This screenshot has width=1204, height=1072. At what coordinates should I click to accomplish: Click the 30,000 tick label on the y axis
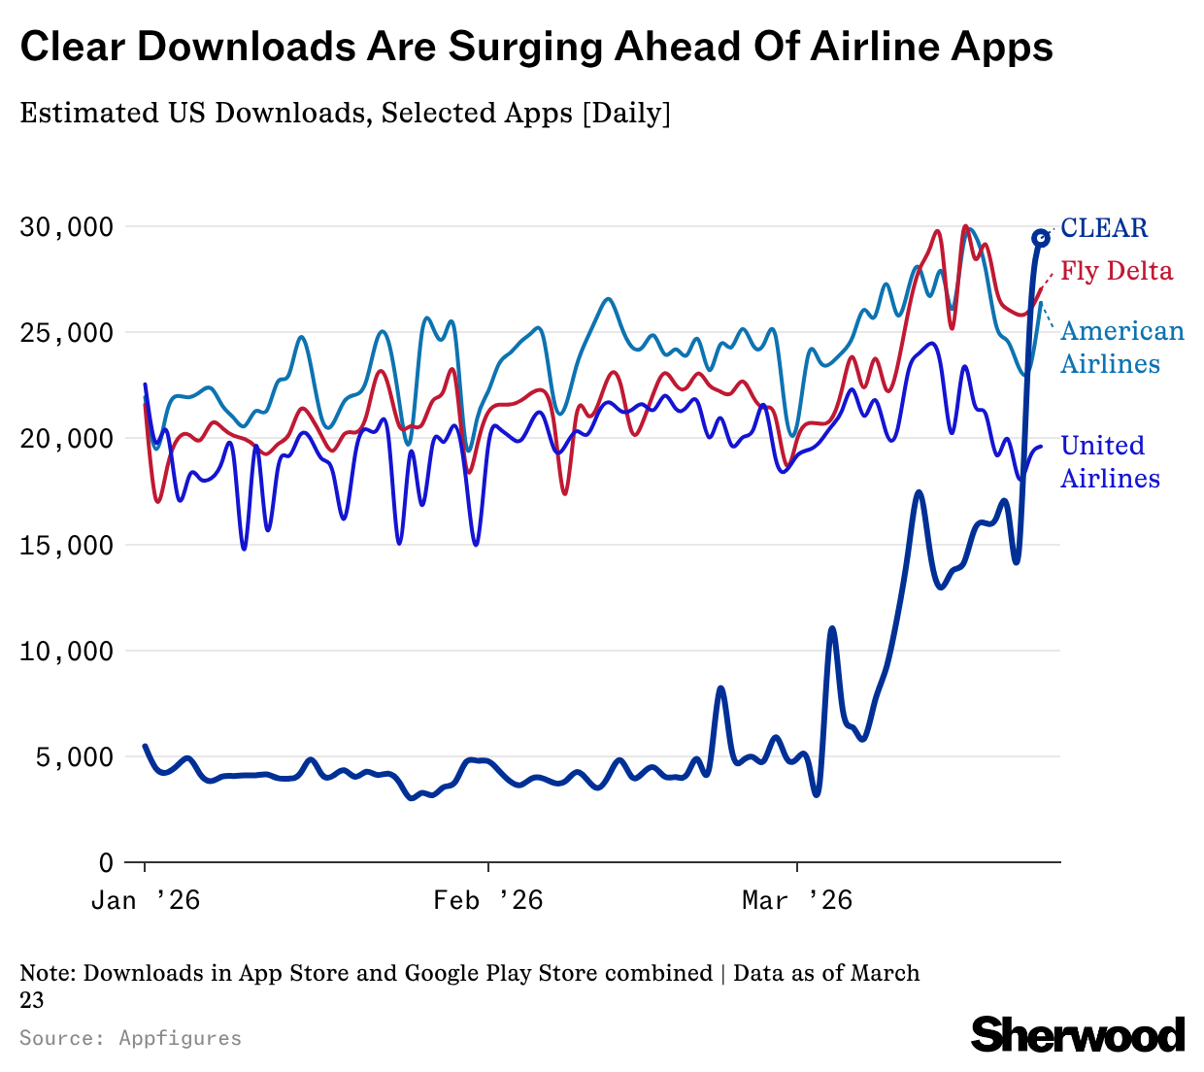(x=66, y=227)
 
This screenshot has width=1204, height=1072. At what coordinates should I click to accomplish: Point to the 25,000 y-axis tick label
(x=66, y=333)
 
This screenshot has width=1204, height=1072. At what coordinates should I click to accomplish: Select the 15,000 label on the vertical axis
(x=66, y=545)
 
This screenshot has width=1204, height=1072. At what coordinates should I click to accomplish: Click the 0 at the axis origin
(x=106, y=862)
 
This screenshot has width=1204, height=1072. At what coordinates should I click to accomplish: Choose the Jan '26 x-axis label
(x=146, y=901)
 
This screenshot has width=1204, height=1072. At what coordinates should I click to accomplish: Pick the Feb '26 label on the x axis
(x=488, y=901)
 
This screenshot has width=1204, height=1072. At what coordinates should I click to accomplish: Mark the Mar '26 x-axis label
(x=797, y=901)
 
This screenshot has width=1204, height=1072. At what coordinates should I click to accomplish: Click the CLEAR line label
(x=1104, y=228)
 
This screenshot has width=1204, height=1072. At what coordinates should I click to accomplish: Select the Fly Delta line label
(x=1117, y=271)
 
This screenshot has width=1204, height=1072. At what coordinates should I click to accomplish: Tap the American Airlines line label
(x=1121, y=348)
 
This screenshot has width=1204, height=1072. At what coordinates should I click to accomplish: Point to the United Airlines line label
(x=1110, y=462)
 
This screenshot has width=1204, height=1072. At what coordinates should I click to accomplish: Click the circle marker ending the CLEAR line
(x=1040, y=238)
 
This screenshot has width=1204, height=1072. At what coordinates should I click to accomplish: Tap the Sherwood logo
(x=1078, y=1034)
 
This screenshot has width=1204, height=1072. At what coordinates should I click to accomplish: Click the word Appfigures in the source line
(x=181, y=1038)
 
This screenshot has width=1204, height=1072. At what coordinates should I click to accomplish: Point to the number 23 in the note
(x=32, y=999)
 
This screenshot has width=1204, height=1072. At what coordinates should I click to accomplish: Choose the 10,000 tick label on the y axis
(x=66, y=651)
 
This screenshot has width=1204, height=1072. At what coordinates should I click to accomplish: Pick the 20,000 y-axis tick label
(x=66, y=439)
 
